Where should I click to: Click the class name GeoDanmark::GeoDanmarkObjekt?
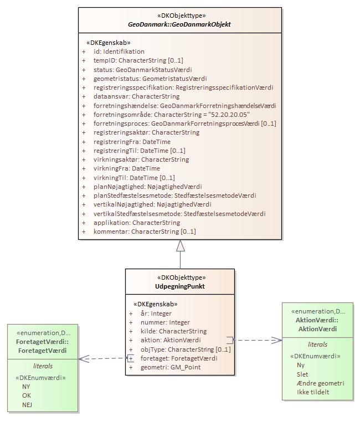point(179,24)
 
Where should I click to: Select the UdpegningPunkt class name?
point(180,286)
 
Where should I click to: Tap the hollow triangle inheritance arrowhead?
point(180,246)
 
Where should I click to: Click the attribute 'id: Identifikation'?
point(119,52)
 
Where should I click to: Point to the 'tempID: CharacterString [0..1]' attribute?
point(138,60)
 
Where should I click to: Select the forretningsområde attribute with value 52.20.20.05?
point(171,114)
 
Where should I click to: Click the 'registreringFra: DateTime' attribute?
point(132,141)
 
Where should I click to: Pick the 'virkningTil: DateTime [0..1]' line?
point(134,177)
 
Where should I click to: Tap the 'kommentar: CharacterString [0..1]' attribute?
point(145,231)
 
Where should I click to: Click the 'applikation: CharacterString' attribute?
point(137,222)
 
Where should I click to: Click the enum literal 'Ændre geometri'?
point(320,383)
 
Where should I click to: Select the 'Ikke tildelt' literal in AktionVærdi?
point(313,392)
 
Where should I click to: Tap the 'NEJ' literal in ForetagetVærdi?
point(27,405)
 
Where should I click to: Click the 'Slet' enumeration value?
point(302,374)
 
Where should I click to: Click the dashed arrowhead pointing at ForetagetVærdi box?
point(84,359)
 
